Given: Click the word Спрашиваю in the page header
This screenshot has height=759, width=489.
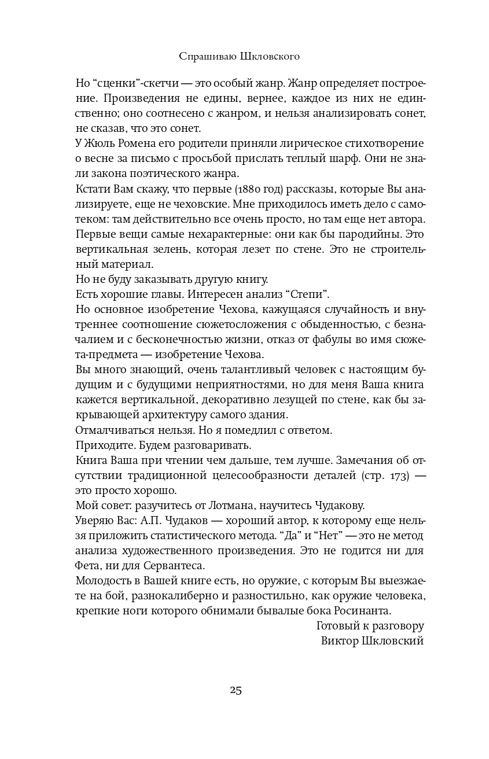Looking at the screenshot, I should pos(205,56).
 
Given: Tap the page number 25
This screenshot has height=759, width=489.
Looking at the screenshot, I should pos(236,690).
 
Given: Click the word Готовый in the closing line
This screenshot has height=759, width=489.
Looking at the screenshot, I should pos(337,625).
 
